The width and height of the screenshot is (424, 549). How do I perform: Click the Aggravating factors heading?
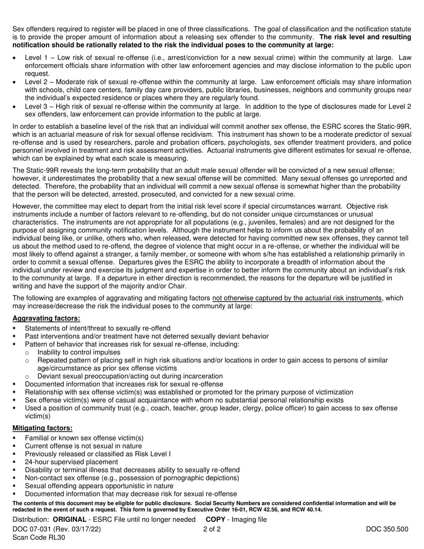pos(46,318)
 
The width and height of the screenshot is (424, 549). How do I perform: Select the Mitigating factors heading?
pos(42,428)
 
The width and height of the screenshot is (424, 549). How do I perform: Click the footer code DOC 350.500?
pos(387,529)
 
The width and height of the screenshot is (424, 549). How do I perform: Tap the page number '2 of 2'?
pos(212,529)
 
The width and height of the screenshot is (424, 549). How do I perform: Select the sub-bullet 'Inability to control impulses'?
pos(79,352)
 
